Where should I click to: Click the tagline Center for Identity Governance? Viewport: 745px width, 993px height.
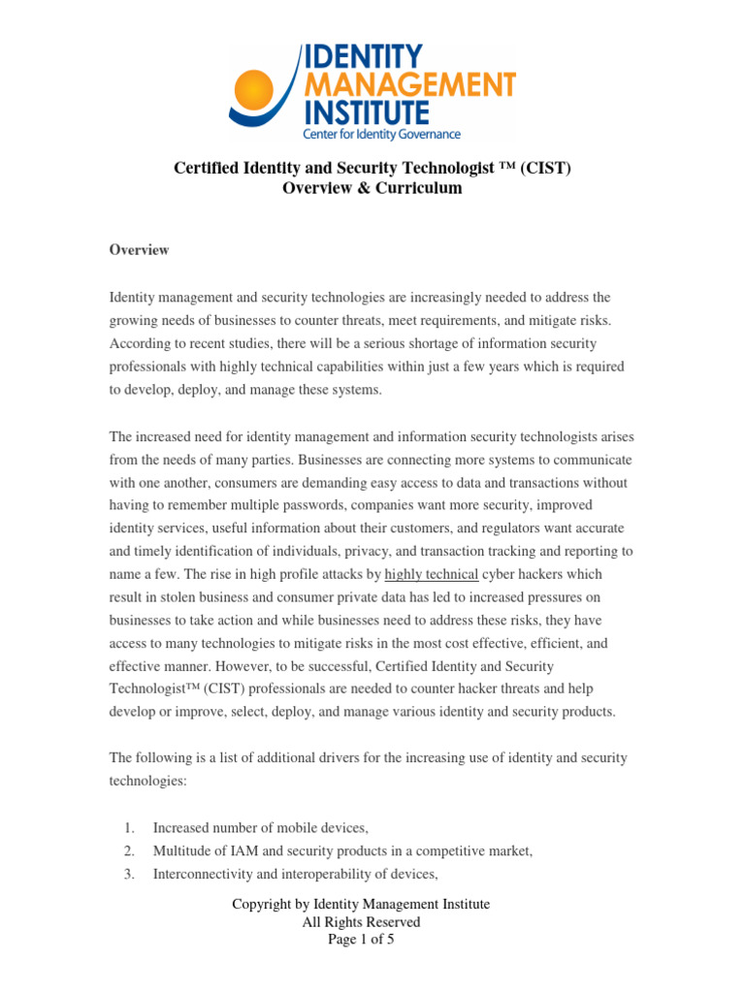point(381,134)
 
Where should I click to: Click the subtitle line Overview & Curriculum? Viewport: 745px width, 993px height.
point(372,188)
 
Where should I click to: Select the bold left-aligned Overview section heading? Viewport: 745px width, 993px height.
point(139,250)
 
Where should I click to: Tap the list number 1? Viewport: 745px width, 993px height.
point(128,827)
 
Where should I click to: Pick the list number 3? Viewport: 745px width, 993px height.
point(128,874)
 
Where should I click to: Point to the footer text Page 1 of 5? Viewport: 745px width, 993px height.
point(361,939)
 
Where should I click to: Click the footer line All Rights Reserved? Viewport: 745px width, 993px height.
point(361,922)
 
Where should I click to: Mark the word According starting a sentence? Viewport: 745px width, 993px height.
point(137,343)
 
